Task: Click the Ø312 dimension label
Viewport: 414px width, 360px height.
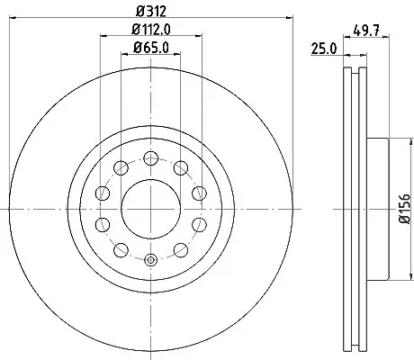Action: [151, 12]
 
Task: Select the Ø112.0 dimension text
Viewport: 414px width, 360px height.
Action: [151, 30]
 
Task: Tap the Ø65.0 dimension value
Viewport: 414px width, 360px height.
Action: [151, 48]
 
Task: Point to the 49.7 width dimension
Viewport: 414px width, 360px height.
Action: [366, 31]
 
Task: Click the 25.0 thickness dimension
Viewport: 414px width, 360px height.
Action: [324, 49]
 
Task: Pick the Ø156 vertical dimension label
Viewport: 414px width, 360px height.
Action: [405, 209]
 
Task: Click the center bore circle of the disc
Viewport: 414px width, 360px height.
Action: [151, 209]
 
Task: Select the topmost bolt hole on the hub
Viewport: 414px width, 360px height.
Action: [151, 158]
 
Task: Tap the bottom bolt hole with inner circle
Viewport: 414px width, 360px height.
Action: [151, 260]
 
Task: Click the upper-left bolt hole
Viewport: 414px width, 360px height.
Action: [121, 167]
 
